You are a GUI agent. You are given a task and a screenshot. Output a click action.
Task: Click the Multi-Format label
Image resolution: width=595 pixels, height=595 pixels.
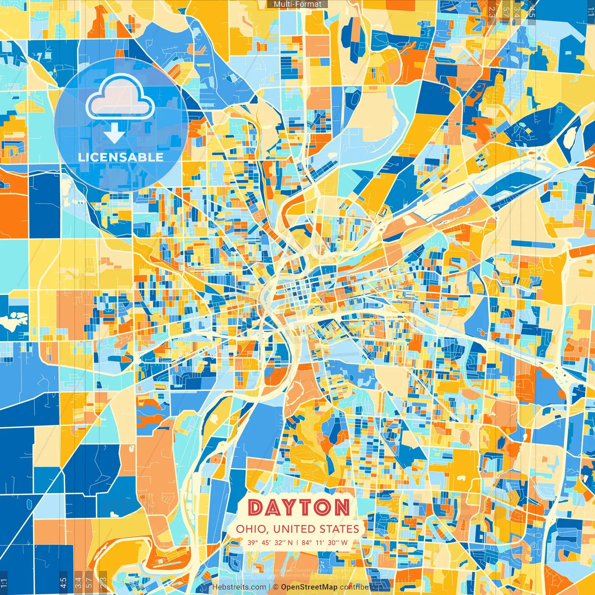pos(297,4)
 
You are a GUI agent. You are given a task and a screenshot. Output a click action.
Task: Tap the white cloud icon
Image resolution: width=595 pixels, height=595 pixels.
pos(120,98)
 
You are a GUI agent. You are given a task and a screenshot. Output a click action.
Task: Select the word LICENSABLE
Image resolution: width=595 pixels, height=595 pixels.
pos(121,157)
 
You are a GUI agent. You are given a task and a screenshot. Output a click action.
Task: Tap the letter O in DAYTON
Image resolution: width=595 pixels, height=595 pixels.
pos(325,507)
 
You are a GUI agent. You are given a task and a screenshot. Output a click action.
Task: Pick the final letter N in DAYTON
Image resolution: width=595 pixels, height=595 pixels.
pos(342,507)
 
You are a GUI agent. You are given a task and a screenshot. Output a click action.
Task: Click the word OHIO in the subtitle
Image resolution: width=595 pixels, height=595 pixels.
pos(251,529)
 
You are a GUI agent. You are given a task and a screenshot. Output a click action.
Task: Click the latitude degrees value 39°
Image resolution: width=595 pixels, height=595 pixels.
pos(253,542)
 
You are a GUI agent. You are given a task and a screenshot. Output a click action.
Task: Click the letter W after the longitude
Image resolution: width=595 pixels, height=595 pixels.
pos(344,542)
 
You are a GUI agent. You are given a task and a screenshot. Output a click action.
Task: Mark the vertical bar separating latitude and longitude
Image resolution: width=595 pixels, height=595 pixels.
pos(297,542)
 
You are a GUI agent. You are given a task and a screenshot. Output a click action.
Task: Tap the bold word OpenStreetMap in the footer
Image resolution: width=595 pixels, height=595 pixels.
pos(309,587)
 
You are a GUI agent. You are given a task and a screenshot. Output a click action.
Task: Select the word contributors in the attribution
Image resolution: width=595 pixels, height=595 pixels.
pos(361,587)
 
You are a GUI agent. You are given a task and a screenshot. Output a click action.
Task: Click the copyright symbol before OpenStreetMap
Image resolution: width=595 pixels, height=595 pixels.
pos(276,587)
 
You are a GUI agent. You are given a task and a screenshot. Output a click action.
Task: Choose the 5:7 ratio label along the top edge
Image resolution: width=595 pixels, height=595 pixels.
pos(506,10)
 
